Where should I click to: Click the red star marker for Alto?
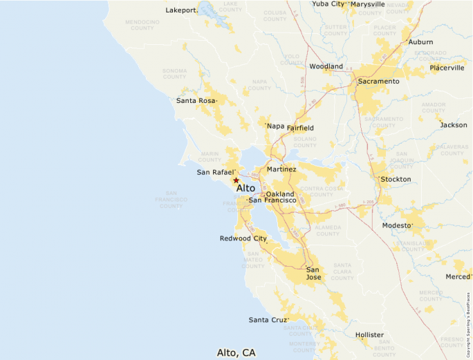pyautogui.click(x=236, y=180)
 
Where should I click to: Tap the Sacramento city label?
pyautogui.click(x=378, y=82)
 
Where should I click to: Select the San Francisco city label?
pyautogui.click(x=272, y=200)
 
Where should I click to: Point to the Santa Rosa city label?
pyautogui.click(x=196, y=101)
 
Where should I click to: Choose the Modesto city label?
pyautogui.click(x=397, y=226)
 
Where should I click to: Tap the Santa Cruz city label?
pyautogui.click(x=267, y=320)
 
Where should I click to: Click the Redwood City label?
pyautogui.click(x=243, y=238)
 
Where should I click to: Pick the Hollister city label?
pyautogui.click(x=369, y=335)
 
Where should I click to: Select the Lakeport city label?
pyautogui.click(x=181, y=10)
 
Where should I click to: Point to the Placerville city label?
pyautogui.click(x=447, y=68)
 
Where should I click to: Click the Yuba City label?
pyautogui.click(x=327, y=4)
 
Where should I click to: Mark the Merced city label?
pyautogui.click(x=457, y=276)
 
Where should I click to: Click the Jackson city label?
pyautogui.click(x=453, y=125)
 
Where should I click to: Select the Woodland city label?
pyautogui.click(x=326, y=66)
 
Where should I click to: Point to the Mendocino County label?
pyautogui.click(x=142, y=25)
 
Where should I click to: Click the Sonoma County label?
pyautogui.click(x=174, y=73)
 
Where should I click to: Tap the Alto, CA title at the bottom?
pyautogui.click(x=236, y=352)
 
